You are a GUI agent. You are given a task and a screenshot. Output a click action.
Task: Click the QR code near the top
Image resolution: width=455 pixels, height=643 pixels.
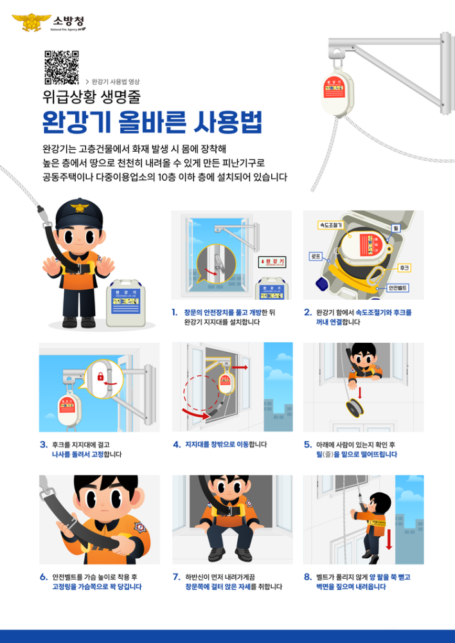tap(62, 68)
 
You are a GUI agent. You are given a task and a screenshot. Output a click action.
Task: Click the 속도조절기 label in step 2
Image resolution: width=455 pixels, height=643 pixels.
tap(330, 226)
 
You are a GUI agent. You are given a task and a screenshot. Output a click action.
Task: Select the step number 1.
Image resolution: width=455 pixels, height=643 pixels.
tap(174, 312)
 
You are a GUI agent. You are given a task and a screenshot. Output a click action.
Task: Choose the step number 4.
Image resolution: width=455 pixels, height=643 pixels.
tap(176, 444)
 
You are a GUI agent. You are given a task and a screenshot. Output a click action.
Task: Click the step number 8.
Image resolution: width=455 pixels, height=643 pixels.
tap(307, 577)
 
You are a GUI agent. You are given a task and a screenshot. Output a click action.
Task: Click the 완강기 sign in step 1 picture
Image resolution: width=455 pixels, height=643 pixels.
tap(272, 262)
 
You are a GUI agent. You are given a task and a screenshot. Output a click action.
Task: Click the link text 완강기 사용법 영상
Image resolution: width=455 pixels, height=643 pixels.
tap(116, 82)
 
